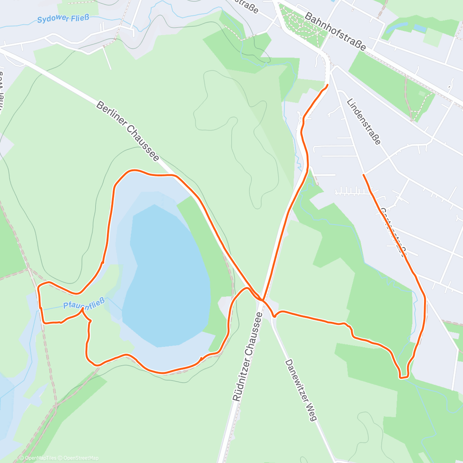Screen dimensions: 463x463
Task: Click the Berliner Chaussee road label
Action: point(128,132)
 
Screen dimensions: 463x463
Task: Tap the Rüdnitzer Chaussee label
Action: point(248,357)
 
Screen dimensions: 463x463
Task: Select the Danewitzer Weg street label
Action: point(301,390)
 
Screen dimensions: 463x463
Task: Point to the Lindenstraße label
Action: point(363,121)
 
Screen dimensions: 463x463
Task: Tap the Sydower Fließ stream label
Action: point(60,19)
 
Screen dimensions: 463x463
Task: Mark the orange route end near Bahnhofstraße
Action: point(328,84)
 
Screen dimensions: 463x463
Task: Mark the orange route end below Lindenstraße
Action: point(364,175)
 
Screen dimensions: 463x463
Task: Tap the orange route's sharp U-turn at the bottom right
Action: point(404,377)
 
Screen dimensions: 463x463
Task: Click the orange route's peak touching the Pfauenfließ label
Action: point(82,309)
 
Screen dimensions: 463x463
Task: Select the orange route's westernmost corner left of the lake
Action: point(38,286)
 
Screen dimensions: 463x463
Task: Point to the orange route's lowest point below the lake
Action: point(162,373)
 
